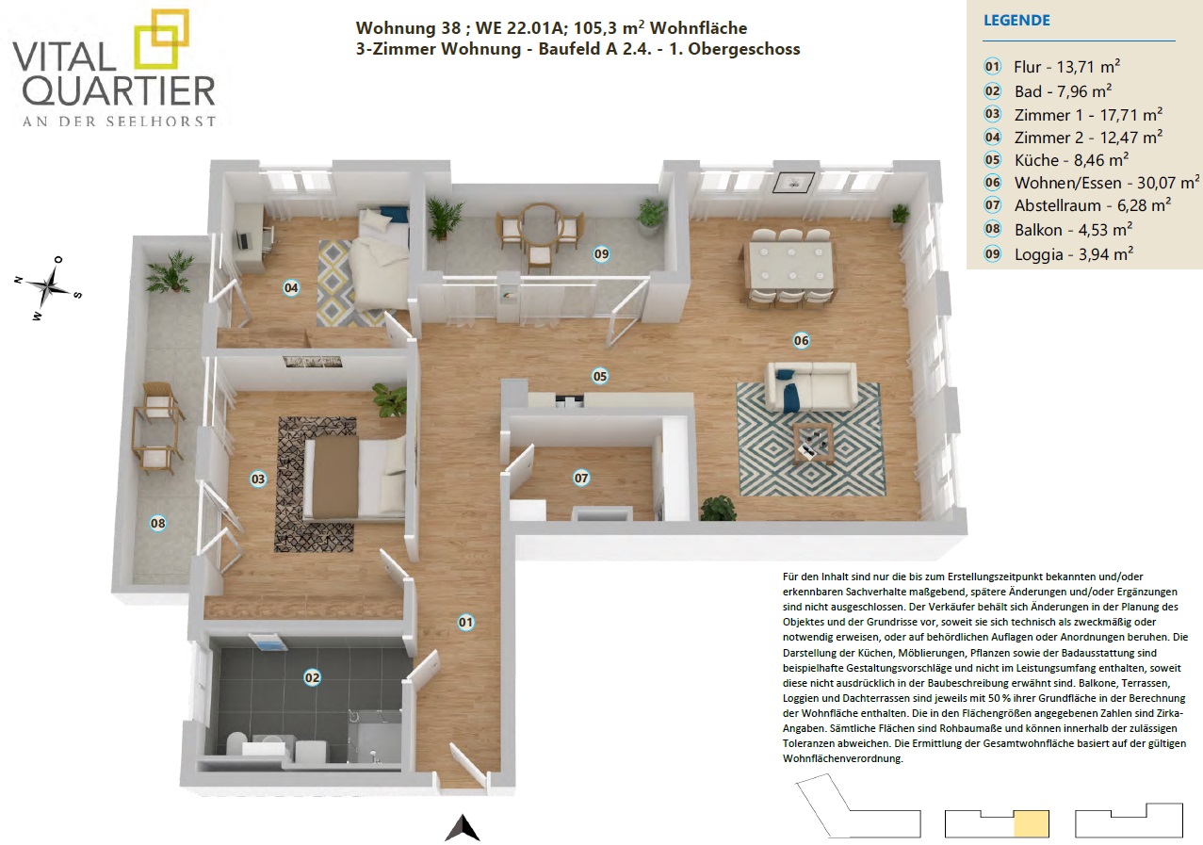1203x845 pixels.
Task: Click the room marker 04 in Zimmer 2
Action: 291,288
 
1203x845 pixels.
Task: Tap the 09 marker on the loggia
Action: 601,254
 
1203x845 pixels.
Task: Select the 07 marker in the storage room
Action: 581,478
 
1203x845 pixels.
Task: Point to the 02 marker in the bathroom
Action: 312,678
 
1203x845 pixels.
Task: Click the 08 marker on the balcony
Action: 158,523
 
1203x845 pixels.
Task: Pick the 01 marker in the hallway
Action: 465,623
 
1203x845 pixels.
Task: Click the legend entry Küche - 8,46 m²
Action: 1071,160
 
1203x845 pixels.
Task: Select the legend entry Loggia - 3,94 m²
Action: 1074,254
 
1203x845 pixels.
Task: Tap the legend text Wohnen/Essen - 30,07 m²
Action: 1106,183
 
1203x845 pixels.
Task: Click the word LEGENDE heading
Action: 1016,21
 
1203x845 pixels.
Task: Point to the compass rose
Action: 49,288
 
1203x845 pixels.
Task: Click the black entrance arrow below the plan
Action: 462,828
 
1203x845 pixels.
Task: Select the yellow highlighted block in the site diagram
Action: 1032,823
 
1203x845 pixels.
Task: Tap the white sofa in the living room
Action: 811,386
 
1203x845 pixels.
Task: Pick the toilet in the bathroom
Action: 236,744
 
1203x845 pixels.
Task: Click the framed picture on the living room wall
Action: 793,182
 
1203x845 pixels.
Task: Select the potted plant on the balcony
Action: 171,271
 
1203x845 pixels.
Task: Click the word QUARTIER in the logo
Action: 119,90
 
